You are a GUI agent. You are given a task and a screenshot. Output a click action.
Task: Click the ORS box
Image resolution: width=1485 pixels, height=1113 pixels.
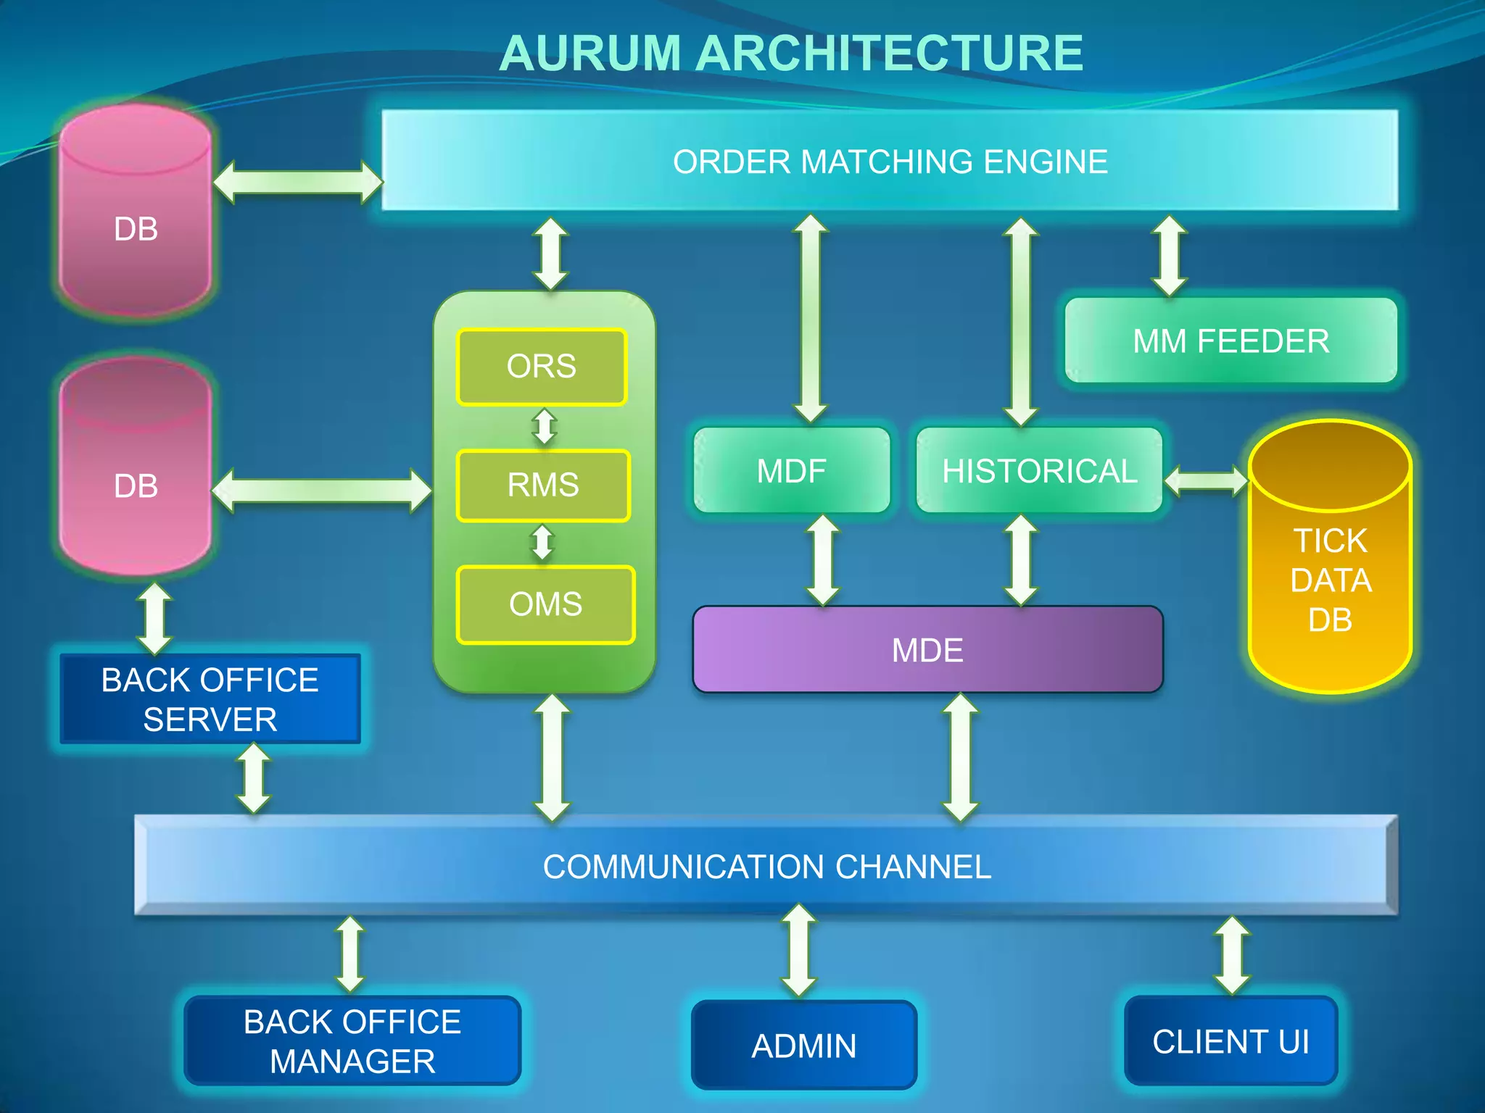point(542,367)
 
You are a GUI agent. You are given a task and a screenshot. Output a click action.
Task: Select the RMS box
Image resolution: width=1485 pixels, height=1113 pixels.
point(543,485)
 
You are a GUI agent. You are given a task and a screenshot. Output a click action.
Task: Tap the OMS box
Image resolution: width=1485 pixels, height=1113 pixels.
point(545,604)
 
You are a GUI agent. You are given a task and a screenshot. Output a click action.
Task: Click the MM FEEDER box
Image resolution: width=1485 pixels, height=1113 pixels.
point(1230,341)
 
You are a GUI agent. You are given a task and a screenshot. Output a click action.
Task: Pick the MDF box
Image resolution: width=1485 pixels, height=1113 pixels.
point(791,471)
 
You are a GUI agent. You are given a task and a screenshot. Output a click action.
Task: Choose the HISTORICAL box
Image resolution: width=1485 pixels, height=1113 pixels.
point(1039,471)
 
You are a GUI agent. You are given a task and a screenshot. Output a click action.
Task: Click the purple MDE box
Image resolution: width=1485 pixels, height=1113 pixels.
point(927,650)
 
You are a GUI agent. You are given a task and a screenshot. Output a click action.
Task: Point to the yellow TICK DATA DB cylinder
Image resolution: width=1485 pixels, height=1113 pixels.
point(1330,580)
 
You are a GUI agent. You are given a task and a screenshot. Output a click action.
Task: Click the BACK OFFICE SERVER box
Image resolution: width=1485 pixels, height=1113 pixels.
point(210,699)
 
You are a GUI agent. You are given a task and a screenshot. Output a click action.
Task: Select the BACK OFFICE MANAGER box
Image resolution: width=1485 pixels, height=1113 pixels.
point(352,1041)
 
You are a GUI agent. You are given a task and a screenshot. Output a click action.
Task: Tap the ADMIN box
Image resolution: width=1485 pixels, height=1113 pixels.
point(803,1046)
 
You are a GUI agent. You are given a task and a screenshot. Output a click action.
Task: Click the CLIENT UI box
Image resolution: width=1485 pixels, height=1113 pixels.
point(1230,1041)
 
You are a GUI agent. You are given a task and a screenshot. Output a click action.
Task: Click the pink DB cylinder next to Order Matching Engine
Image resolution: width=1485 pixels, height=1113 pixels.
point(136,217)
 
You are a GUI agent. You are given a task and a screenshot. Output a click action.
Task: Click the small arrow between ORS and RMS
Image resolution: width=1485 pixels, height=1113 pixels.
point(545,427)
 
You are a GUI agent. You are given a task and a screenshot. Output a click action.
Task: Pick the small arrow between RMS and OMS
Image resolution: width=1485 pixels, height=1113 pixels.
point(542,543)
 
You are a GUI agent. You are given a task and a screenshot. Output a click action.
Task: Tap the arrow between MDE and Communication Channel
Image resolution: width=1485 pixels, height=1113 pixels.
point(961,757)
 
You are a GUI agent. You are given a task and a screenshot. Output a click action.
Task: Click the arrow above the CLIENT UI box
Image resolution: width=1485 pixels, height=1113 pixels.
point(1232,955)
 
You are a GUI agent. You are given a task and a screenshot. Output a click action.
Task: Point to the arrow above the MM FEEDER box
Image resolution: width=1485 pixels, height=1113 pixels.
point(1170,255)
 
